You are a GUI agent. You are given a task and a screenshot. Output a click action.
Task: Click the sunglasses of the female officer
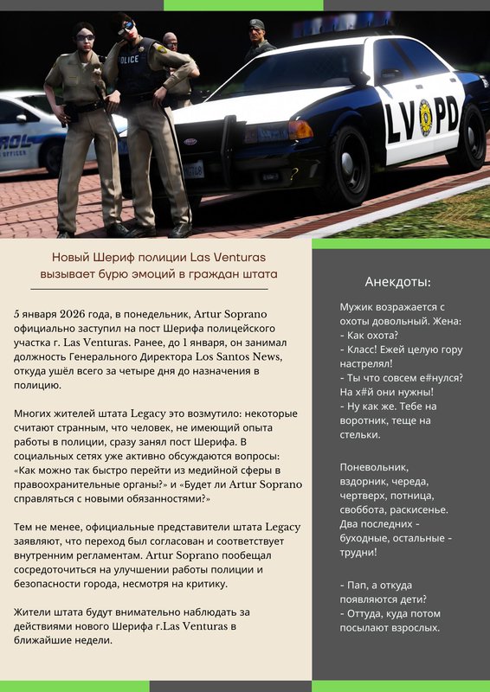click(84, 37)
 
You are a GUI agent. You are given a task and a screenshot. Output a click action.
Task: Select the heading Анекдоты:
click(398, 282)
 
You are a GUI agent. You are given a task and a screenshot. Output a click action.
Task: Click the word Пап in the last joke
click(359, 585)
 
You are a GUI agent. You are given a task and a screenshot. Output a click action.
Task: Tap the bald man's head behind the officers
click(171, 41)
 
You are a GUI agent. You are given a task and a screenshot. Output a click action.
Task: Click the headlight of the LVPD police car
click(300, 130)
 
